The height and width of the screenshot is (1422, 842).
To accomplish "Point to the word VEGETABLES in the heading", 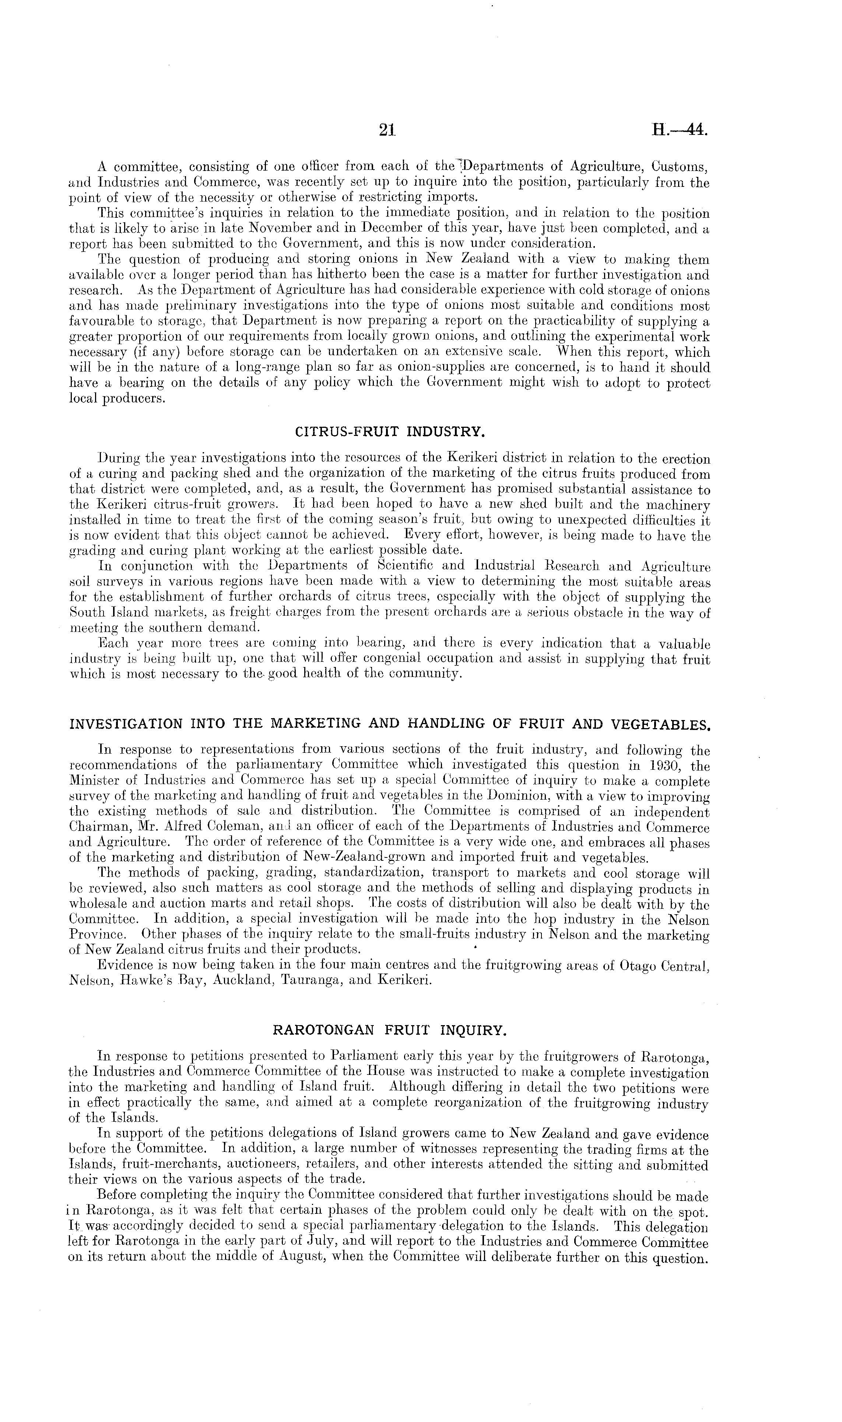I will click(660, 724).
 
